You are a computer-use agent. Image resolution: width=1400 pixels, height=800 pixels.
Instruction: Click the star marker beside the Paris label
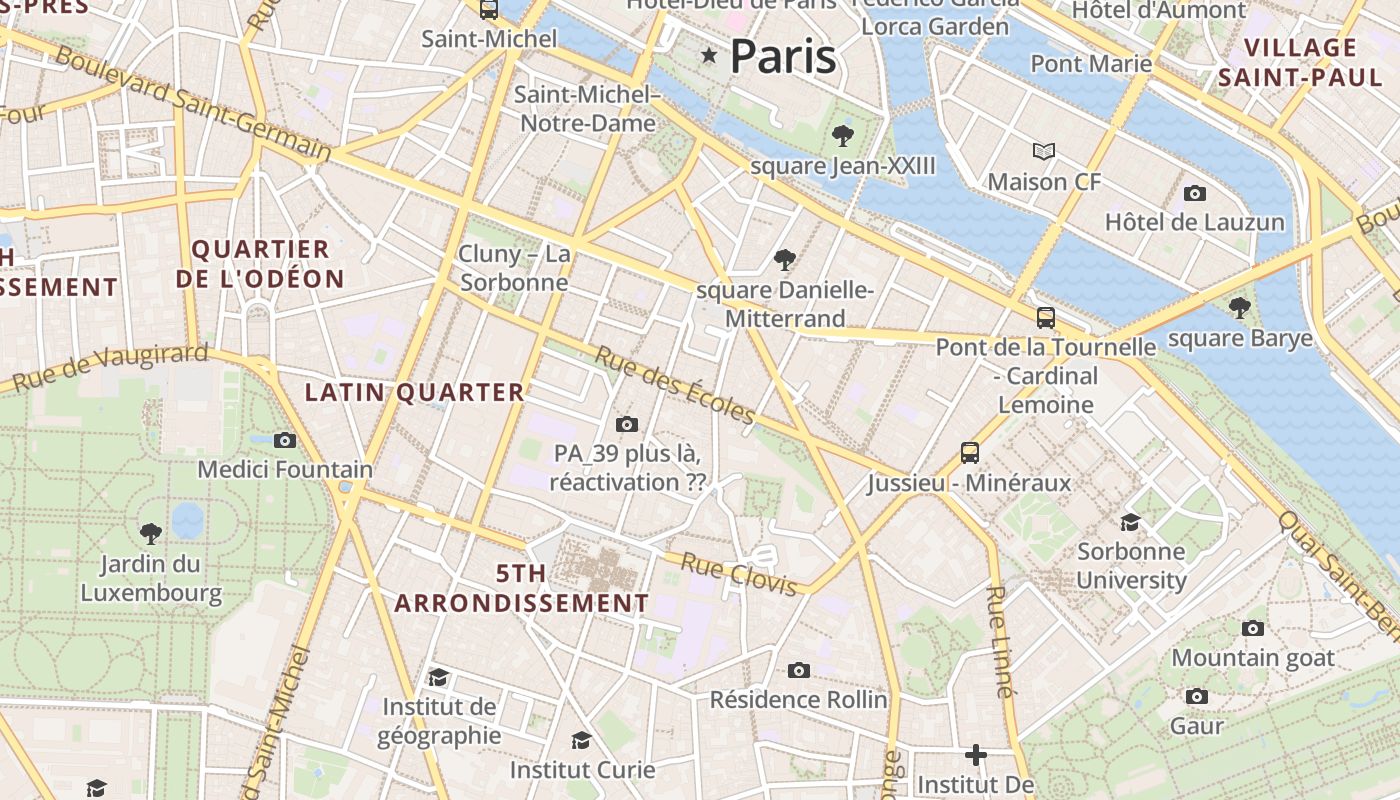coord(710,55)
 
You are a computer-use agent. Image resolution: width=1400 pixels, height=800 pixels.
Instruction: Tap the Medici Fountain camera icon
coord(285,440)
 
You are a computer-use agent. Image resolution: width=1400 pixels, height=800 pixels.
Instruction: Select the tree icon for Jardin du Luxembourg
coord(151,533)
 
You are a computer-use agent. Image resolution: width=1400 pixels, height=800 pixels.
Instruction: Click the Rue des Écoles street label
coord(676,385)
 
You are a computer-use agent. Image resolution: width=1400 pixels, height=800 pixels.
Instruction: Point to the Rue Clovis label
coord(739,574)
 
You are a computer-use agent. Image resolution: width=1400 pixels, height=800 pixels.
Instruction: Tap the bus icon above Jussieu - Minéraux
coord(969,452)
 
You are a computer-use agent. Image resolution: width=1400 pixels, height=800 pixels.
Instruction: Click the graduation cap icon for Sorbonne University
coord(1130,522)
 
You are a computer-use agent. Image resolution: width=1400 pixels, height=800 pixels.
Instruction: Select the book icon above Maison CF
coord(1044,151)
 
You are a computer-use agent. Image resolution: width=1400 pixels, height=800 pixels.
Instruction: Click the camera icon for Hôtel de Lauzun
coord(1194,193)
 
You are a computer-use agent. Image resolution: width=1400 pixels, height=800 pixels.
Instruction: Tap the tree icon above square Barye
coord(1240,307)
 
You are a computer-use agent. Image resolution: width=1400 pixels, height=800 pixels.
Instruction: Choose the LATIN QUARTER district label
coord(414,393)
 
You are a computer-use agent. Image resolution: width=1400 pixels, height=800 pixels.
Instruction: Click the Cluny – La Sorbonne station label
coord(514,268)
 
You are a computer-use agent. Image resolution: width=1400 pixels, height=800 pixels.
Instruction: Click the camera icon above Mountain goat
coord(1253,628)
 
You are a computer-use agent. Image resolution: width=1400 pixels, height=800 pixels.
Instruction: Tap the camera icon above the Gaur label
coord(1196,696)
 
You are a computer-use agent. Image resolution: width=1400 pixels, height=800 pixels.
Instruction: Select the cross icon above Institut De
coord(976,754)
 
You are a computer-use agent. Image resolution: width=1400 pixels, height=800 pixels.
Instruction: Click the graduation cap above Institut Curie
coord(581,740)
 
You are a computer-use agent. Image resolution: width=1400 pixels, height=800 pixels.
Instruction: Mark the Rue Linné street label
coord(998,640)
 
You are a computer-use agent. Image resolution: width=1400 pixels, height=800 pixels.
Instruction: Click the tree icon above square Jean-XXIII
coord(842,135)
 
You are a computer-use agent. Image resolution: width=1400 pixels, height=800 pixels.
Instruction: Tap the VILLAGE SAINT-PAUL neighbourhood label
coord(1300,62)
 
